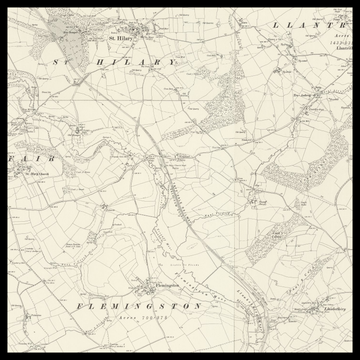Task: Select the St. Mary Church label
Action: tap(36, 174)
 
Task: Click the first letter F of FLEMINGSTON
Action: tap(79, 301)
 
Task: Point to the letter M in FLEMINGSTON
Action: tap(121, 301)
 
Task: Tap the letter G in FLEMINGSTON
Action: tap(161, 301)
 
